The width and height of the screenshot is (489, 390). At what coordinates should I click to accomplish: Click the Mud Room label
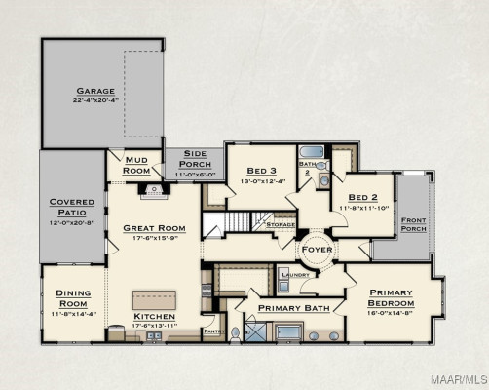click(x=136, y=166)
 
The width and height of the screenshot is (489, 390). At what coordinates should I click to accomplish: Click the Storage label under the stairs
click(x=281, y=224)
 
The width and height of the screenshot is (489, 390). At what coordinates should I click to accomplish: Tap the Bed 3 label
click(x=262, y=170)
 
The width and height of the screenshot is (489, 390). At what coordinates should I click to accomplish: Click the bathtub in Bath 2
click(x=311, y=152)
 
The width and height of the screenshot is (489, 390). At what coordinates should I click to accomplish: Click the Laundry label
click(x=294, y=275)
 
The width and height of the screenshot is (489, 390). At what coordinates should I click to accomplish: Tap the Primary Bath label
click(x=288, y=308)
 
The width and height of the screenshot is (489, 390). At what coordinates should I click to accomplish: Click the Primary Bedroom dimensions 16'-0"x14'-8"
click(x=391, y=314)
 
